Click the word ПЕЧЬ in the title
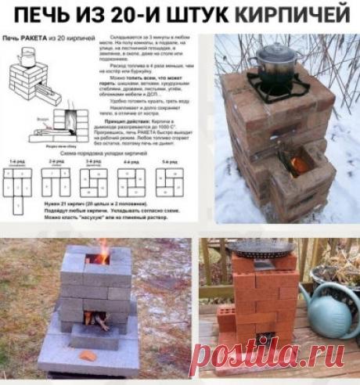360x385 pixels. pos(71,14)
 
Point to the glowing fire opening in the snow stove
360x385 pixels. pos(297,165)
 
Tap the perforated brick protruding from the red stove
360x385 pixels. pos(226,317)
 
